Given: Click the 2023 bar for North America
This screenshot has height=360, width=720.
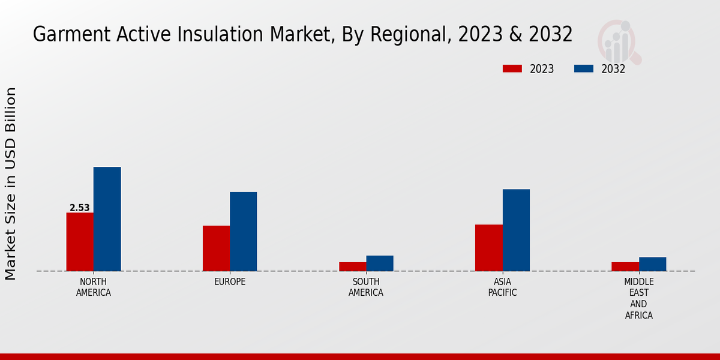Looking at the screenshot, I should click(x=80, y=242).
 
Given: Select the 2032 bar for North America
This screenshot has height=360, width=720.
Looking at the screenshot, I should click(x=107, y=219).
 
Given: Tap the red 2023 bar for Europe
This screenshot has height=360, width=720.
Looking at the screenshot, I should click(x=216, y=248).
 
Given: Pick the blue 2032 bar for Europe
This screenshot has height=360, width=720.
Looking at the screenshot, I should click(x=243, y=232).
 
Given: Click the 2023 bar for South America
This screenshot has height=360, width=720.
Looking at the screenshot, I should click(x=352, y=266).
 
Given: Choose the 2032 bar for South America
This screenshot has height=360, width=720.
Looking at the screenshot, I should click(x=380, y=263).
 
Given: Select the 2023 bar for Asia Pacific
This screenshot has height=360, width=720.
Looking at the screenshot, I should click(x=488, y=248).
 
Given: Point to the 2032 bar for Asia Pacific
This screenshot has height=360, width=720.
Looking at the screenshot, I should click(x=516, y=230).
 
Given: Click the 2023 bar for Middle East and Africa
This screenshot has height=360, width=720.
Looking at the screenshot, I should click(x=625, y=266).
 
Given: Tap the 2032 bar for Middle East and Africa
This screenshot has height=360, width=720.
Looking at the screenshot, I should click(x=652, y=264).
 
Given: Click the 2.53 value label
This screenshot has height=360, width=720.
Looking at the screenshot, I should click(x=79, y=208).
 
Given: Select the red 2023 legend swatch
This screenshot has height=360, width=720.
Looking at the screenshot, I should click(x=512, y=68).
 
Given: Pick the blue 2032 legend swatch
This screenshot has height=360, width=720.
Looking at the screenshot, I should click(x=583, y=68).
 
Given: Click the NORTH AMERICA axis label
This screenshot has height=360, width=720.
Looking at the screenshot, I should click(x=93, y=287).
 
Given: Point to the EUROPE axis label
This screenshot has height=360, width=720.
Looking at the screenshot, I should click(x=230, y=282).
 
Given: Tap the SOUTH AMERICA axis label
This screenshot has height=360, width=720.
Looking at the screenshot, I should click(x=366, y=287).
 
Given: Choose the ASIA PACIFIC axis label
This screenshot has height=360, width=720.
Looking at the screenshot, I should click(x=502, y=287).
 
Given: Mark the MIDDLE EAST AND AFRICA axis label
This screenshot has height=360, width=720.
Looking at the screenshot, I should click(x=638, y=298).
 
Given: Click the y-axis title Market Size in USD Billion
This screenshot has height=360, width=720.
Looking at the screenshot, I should click(x=11, y=184).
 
